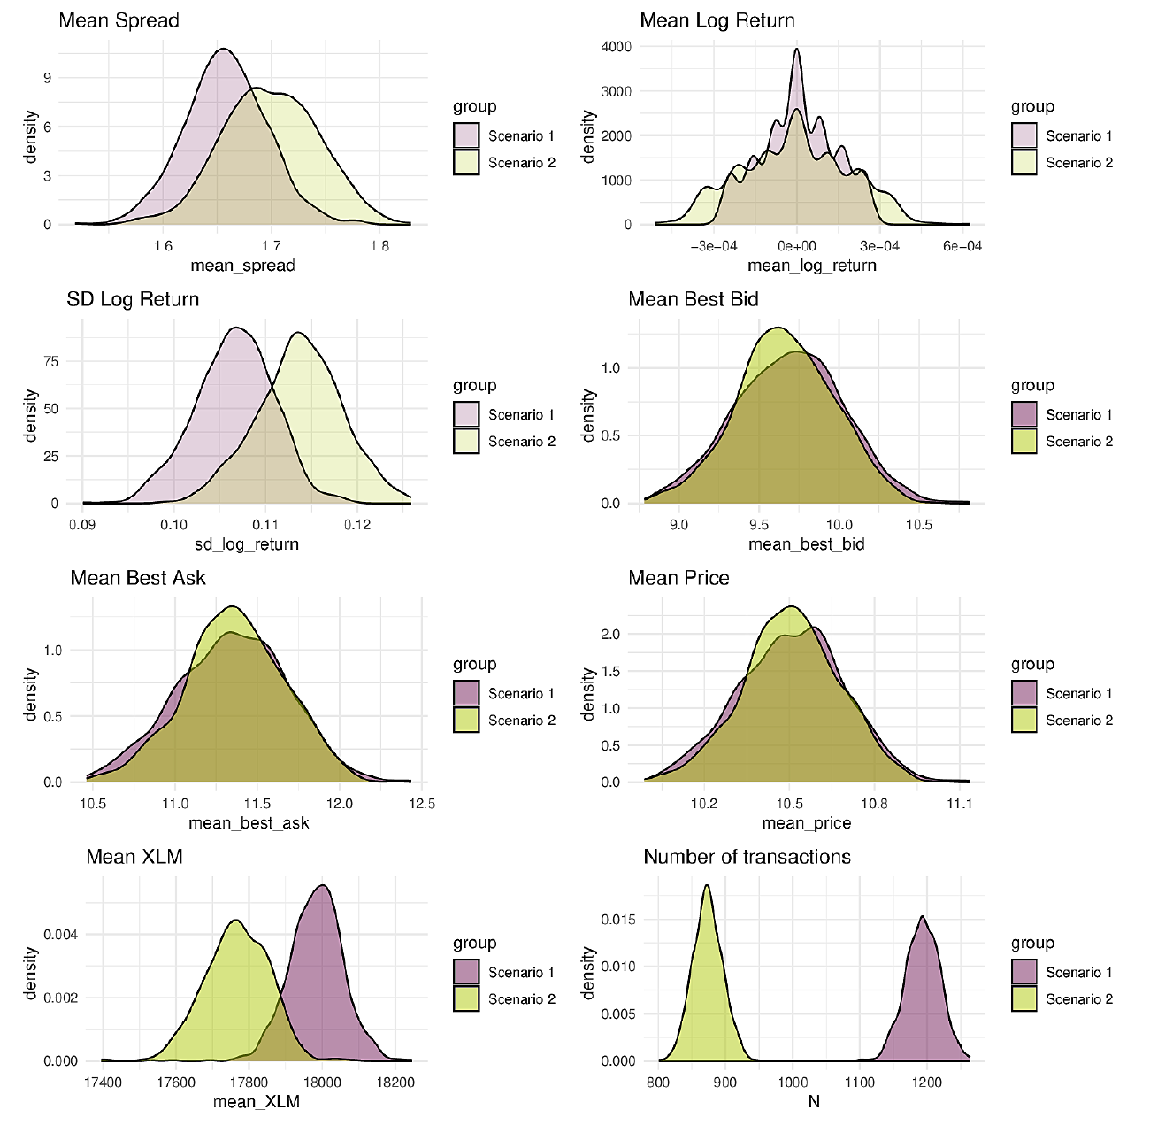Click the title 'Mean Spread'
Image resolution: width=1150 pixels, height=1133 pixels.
[x=119, y=21]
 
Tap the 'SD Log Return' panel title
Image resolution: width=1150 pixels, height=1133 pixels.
[x=133, y=299]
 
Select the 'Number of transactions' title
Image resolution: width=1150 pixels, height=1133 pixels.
[x=747, y=857]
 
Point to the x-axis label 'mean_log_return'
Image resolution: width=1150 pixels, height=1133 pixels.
[x=811, y=266]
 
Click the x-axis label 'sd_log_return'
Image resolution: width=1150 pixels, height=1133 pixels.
[x=247, y=544]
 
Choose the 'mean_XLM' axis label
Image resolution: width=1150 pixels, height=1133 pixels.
[x=256, y=1101]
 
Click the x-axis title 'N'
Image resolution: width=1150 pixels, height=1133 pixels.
[x=814, y=1101]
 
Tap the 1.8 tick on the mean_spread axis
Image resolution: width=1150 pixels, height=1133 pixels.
[x=379, y=246]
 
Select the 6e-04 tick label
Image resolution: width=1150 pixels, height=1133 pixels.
[x=962, y=246]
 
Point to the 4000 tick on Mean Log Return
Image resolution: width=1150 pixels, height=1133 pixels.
[x=616, y=47]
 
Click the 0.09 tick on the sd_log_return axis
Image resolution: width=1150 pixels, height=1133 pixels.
[x=81, y=525]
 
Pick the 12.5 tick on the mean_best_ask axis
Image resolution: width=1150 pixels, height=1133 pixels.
[x=422, y=804]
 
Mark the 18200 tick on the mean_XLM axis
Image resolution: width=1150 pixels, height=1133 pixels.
[x=395, y=1083]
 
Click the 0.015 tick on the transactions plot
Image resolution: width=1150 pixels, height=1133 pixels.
[x=618, y=919]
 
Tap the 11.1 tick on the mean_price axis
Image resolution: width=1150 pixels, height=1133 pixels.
[x=959, y=804]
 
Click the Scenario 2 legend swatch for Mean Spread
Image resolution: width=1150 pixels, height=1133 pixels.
[x=466, y=163]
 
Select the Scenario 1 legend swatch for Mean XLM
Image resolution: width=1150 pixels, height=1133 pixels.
[x=466, y=972]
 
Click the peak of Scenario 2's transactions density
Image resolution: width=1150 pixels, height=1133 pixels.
[x=707, y=886]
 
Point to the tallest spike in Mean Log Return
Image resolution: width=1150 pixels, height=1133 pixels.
[x=797, y=50]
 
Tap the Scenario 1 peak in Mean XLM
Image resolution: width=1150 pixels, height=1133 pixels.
[x=323, y=886]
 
